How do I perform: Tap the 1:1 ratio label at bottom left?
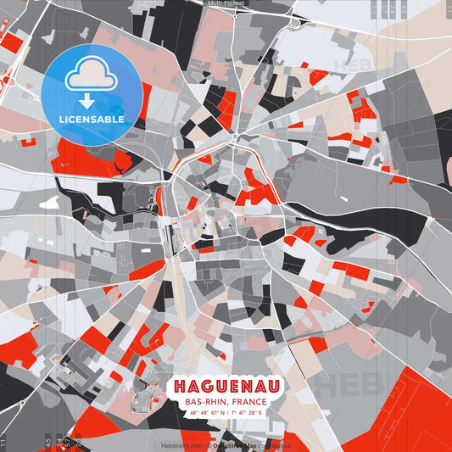tap(3, 442)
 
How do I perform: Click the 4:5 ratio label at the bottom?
tap(48, 442)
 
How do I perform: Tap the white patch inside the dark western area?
tap(49, 204)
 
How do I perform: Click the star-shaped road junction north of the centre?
tap(232, 137)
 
